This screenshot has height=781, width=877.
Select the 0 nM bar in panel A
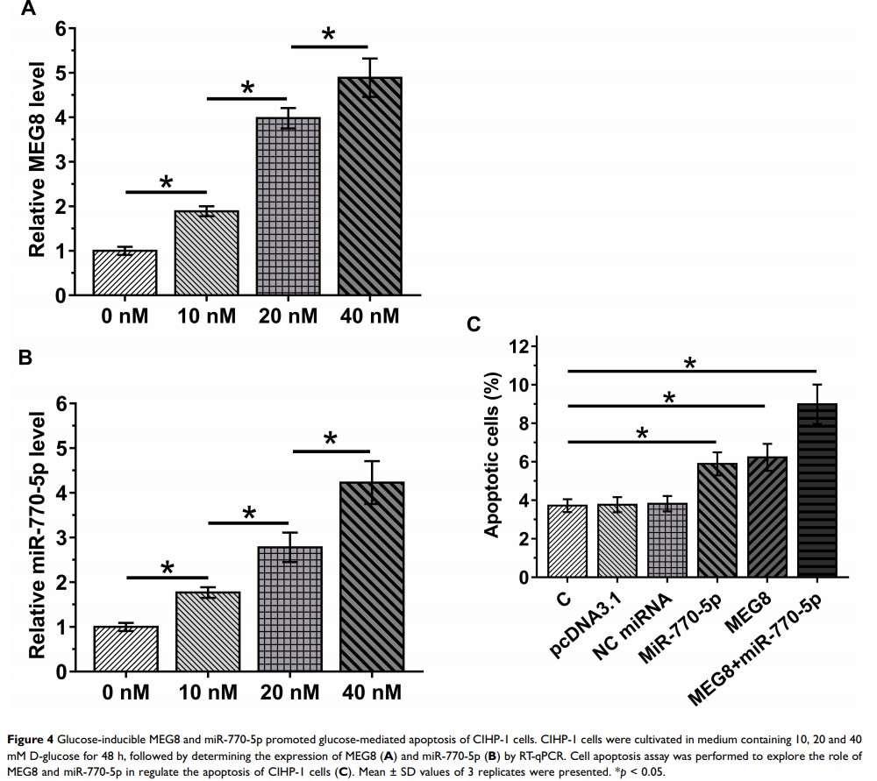click(125, 273)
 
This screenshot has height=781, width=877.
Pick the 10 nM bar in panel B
click(207, 632)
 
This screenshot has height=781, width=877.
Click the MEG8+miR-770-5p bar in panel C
click(816, 491)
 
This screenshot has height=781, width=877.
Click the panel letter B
click(25, 358)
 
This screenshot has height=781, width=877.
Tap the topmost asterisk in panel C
click(690, 364)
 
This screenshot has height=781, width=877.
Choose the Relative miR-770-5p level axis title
click(37, 536)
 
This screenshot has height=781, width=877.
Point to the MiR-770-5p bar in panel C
click(717, 521)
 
